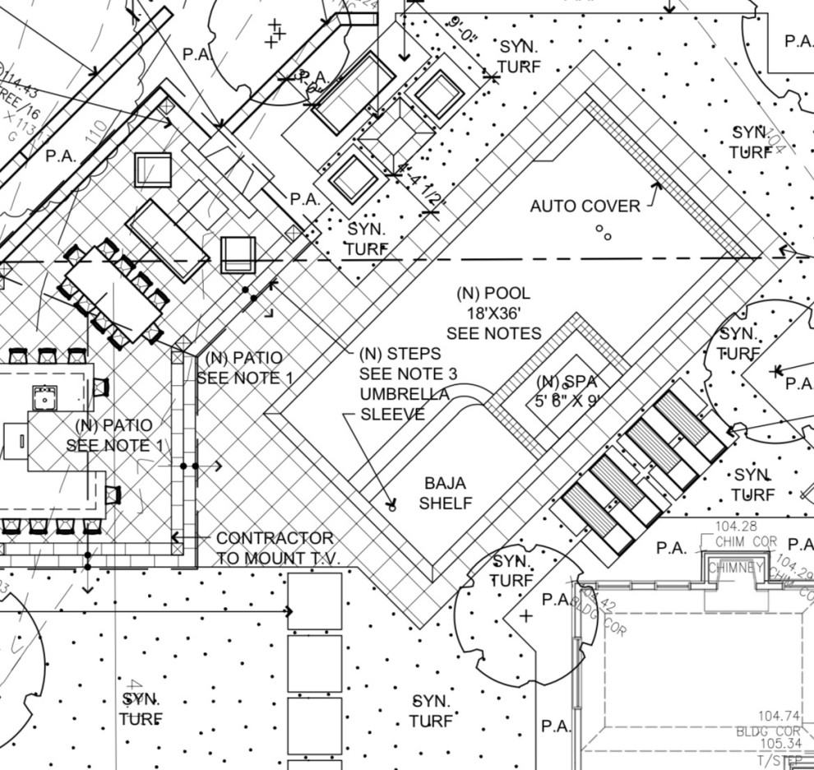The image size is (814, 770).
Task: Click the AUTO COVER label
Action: pos(585,206)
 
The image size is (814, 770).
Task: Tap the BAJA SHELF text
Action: pos(445,493)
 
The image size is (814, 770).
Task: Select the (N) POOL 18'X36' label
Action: pos(493,313)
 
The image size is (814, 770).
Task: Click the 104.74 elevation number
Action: pos(779,716)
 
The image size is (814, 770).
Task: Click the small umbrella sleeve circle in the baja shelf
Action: pos(391,508)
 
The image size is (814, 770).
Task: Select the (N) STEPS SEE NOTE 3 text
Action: pos(408,364)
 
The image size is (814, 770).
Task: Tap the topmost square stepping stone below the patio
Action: pos(314,601)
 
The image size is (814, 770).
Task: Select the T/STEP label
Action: pos(781,761)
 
